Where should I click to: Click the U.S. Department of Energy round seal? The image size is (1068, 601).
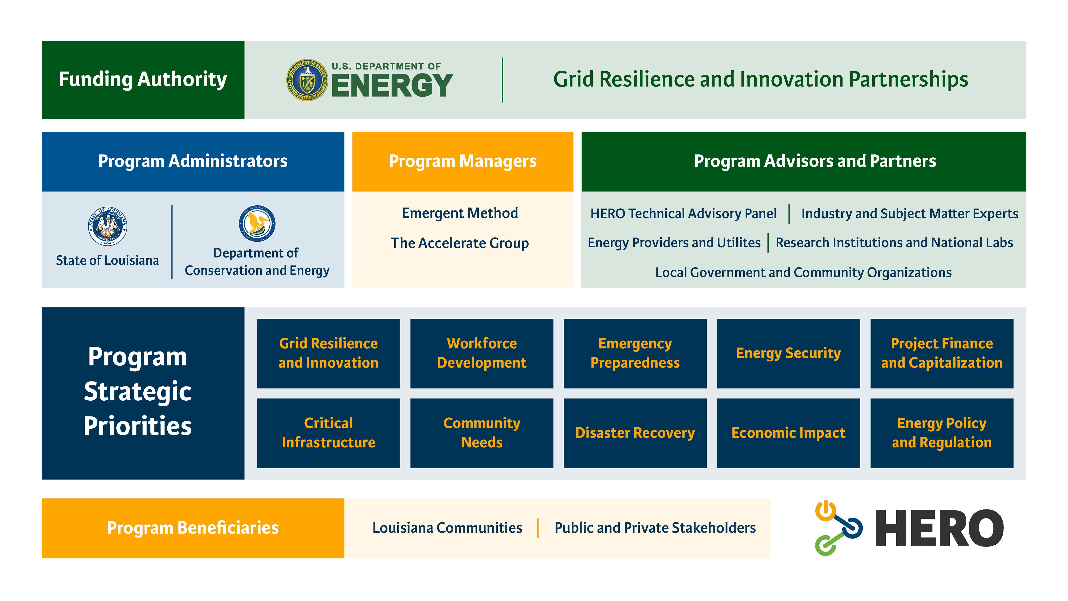coord(307,80)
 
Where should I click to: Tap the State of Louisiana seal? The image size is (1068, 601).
coord(107,226)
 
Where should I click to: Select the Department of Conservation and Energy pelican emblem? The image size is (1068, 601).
coord(257,223)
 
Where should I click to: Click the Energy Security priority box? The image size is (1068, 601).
coord(788,353)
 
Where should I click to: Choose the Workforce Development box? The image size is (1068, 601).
coord(481,353)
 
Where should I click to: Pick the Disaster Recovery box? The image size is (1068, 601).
coord(635,433)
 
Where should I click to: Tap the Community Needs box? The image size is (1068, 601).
coord(481,433)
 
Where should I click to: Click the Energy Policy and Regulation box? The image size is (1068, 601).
coord(941,433)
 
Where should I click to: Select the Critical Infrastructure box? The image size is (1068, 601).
coord(328,433)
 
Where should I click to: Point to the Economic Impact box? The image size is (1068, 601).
coord(788,433)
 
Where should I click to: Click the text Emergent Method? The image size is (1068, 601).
coord(460,213)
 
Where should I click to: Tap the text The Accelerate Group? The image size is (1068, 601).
coord(460,243)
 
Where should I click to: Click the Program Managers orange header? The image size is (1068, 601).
coord(463,161)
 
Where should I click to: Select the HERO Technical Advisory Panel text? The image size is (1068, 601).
coord(683,214)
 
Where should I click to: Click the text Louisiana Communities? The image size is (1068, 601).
coord(447,528)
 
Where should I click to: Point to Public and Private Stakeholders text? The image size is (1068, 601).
coord(655,528)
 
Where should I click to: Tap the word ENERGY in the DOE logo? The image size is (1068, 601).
coord(392,86)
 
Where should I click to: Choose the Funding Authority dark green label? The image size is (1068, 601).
coord(143,80)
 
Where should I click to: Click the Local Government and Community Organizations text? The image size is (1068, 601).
coord(803,272)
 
